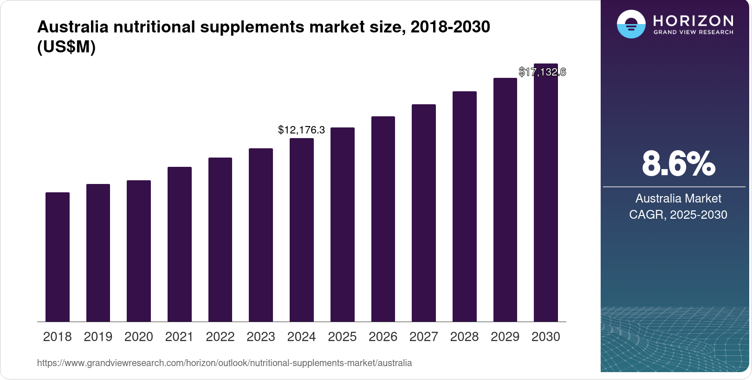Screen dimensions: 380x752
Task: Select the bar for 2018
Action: (x=58, y=257)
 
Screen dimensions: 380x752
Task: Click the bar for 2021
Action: (x=180, y=244)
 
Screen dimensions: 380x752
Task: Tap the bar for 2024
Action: (x=302, y=230)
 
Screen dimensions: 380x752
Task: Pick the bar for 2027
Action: (x=424, y=213)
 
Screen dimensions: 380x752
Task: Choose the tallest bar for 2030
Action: (x=546, y=193)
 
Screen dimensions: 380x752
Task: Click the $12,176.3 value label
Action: (x=301, y=130)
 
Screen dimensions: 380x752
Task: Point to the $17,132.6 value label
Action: (x=542, y=72)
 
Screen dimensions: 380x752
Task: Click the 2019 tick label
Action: (x=98, y=337)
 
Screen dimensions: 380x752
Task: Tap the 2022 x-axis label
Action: (x=220, y=337)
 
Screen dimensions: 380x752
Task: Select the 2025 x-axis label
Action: (x=342, y=337)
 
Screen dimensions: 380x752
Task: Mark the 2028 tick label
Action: (x=464, y=337)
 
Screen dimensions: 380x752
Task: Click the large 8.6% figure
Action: (x=678, y=164)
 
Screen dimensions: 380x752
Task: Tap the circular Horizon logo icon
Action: (x=631, y=24)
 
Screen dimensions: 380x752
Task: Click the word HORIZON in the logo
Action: (x=693, y=20)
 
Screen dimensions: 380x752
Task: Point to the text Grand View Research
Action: (x=693, y=32)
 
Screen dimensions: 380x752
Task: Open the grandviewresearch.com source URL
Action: (x=224, y=363)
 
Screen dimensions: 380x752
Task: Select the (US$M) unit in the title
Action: (x=66, y=47)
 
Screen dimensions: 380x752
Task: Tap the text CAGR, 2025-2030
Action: (x=678, y=215)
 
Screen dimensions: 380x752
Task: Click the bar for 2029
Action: (x=505, y=200)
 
